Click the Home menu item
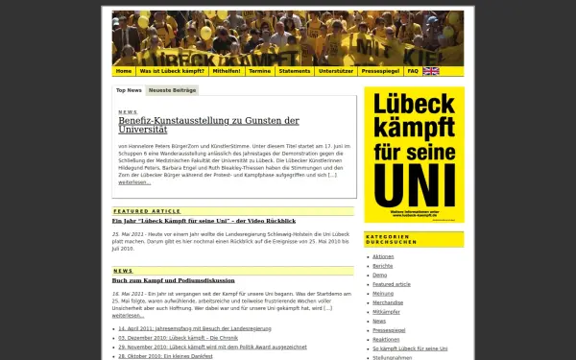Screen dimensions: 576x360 (124, 71)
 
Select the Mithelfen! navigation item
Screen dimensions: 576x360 (228, 71)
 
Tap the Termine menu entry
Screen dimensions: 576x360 (259, 71)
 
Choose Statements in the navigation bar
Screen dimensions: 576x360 (295, 71)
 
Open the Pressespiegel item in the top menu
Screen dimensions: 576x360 (381, 71)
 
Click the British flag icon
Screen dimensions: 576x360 (431, 71)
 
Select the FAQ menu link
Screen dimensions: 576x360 (413, 71)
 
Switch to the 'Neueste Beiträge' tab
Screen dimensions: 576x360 (173, 90)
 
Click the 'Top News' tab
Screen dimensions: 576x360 (129, 90)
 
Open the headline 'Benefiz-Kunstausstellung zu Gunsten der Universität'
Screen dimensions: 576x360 (208, 125)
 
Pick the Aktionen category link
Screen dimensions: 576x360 (383, 256)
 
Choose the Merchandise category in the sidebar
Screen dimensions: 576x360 (388, 302)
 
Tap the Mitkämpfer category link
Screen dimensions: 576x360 (386, 312)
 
